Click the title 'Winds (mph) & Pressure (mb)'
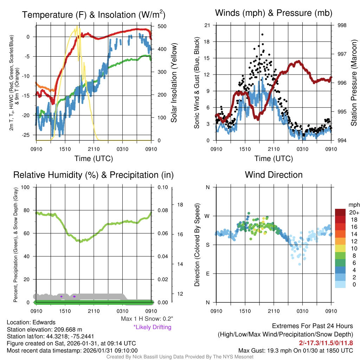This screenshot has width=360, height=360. (x=274, y=13)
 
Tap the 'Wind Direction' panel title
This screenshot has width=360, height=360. (x=274, y=175)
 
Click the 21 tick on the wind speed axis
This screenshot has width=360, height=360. (x=207, y=25)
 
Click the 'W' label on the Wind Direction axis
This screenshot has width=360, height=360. (x=207, y=216)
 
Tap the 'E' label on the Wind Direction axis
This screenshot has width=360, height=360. (x=207, y=274)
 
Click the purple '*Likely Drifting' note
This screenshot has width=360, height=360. (x=152, y=327)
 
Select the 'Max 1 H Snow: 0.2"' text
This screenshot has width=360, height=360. (x=147, y=319)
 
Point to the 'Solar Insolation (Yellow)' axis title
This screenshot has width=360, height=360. (x=174, y=83)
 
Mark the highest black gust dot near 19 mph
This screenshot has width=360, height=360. (x=262, y=35)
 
